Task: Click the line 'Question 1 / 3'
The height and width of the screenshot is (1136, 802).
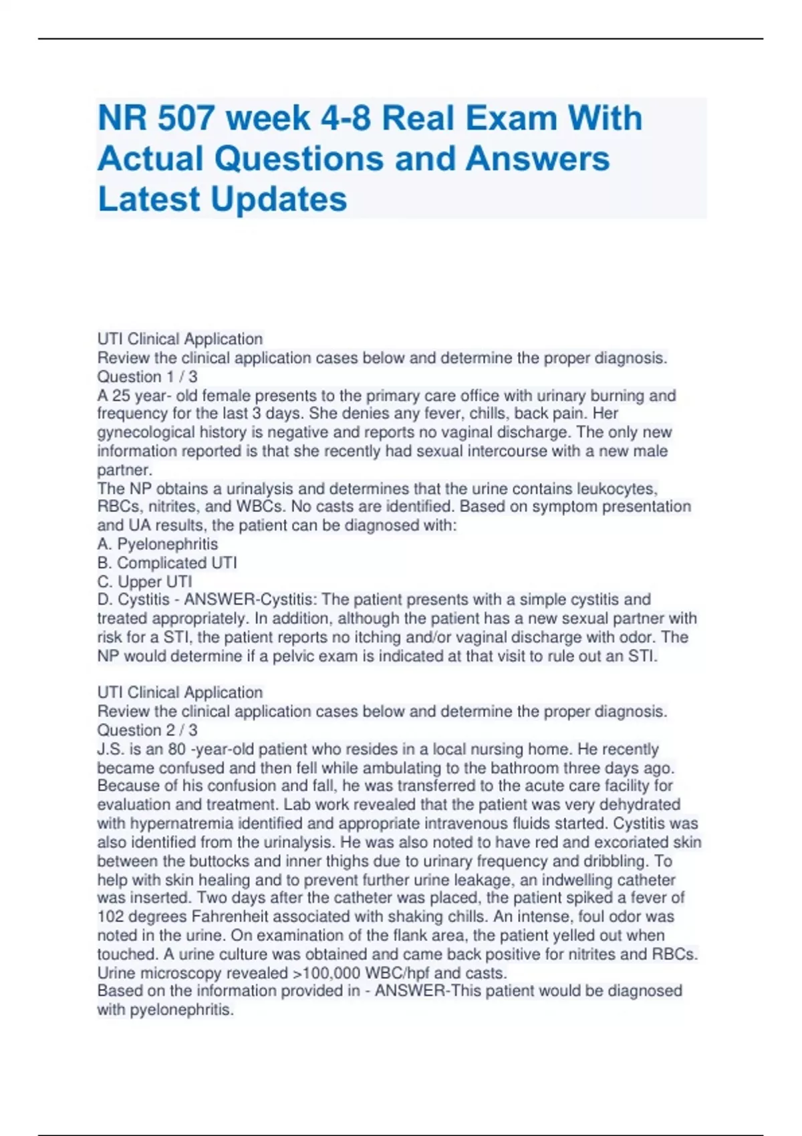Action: click(x=147, y=376)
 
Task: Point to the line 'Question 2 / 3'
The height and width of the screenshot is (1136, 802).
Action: click(x=147, y=730)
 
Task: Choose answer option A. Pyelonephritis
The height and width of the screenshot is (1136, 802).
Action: click(x=158, y=544)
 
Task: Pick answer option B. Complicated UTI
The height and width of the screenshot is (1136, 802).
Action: click(x=167, y=563)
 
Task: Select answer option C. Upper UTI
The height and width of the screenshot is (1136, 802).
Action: click(x=145, y=581)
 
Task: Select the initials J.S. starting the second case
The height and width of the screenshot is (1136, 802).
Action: click(x=111, y=749)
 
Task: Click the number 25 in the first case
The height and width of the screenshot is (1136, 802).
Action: click(x=121, y=396)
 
